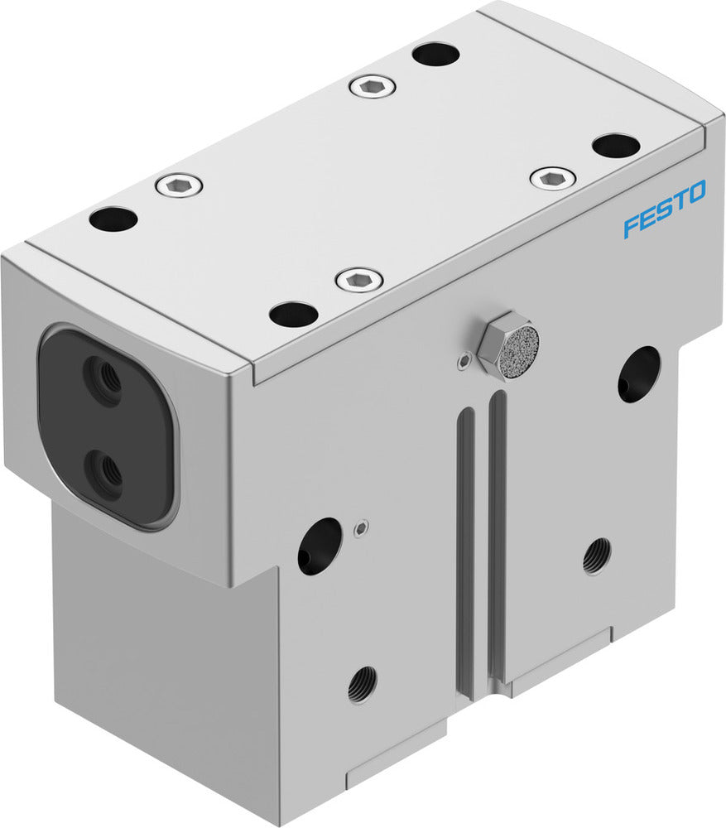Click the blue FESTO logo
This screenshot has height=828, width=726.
pyautogui.click(x=664, y=209)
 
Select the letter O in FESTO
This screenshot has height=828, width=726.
pyautogui.click(x=695, y=193)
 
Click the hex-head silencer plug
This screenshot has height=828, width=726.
pyautogui.click(x=507, y=344)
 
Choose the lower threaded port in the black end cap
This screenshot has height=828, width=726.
pyautogui.click(x=105, y=473)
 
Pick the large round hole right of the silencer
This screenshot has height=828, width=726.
pyautogui.click(x=639, y=373)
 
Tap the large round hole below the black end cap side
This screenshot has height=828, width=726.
pyautogui.click(x=319, y=546)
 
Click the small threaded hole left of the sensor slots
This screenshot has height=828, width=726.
pyautogui.click(x=362, y=684)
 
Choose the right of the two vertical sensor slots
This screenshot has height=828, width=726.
pyautogui.click(x=497, y=538)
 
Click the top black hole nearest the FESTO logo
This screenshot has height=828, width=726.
pyautogui.click(x=616, y=146)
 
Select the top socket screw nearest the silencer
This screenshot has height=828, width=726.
pyautogui.click(x=359, y=280)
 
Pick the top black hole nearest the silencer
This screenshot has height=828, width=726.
pyautogui.click(x=294, y=314)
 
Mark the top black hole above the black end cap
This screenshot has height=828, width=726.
pyautogui.click(x=113, y=219)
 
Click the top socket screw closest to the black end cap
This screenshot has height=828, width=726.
pyautogui.click(x=179, y=185)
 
